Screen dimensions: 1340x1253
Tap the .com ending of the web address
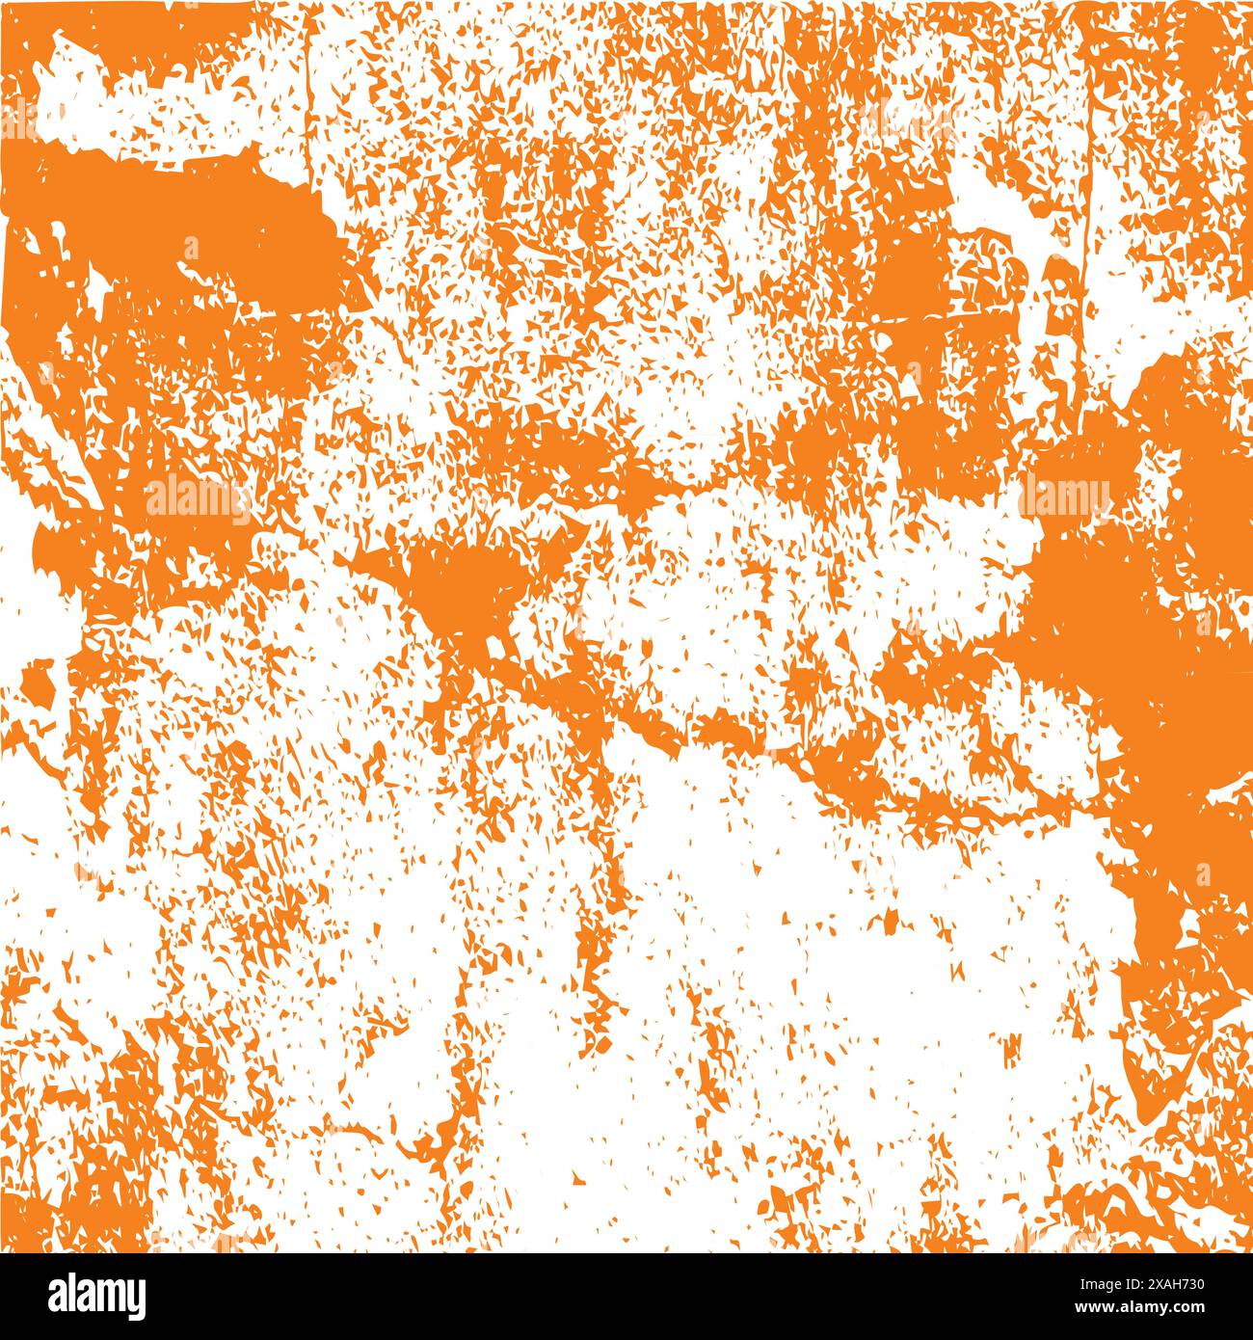1214,1309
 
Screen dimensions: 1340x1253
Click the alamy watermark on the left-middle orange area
198,496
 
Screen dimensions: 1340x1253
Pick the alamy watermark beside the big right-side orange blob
1066,496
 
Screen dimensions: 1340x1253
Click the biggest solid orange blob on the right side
1128,627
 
